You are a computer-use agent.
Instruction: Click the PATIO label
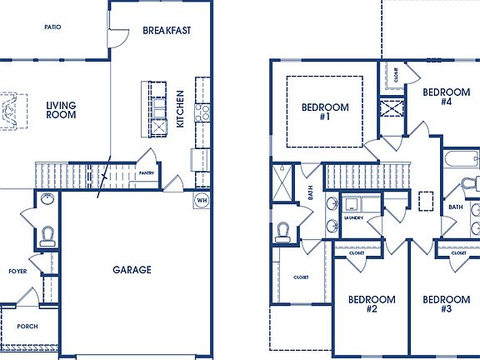coord(52,27)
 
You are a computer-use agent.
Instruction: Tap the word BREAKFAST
coord(167,30)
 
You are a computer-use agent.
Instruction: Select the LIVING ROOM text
coord(61,109)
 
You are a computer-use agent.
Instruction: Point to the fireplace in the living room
coord(11,110)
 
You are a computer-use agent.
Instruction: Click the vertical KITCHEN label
coord(180,109)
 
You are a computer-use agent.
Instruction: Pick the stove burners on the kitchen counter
coord(202,113)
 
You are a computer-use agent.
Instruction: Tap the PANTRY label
coord(147,173)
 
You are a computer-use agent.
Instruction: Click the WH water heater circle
coord(202,200)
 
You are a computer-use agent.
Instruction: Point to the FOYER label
coord(17,272)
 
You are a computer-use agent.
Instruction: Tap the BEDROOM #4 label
coord(446,96)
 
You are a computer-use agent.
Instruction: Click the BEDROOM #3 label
coord(446,304)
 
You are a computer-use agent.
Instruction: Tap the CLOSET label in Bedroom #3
coord(459,253)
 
